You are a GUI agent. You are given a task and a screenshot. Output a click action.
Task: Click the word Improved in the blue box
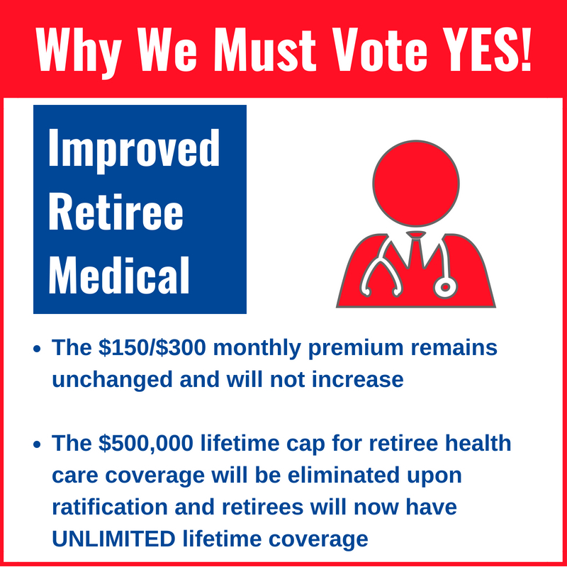(134, 150)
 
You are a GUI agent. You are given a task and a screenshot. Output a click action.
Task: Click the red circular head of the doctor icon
(416, 184)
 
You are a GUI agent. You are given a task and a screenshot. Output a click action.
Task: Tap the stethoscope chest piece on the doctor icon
(445, 287)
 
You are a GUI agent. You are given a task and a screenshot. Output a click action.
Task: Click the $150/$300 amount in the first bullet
(152, 347)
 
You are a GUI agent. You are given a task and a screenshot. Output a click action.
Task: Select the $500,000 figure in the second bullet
(145, 444)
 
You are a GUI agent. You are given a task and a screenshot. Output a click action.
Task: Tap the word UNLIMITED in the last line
(113, 539)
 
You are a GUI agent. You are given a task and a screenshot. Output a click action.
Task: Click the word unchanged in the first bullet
(112, 379)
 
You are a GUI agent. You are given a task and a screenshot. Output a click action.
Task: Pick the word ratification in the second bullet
(110, 507)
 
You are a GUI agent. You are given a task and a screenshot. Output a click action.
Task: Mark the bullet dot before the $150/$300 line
(37, 349)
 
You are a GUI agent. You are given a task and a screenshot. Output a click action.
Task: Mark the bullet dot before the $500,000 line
(37, 444)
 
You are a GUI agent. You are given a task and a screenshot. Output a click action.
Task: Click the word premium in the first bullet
(356, 349)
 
